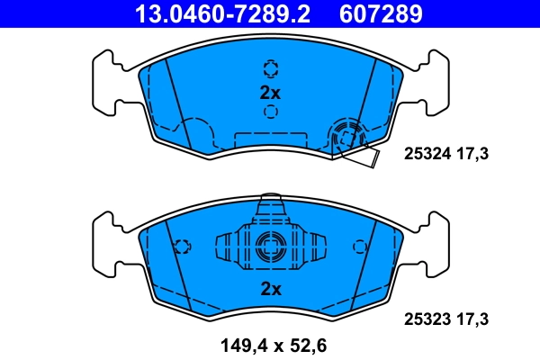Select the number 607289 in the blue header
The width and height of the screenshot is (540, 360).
[x=381, y=14]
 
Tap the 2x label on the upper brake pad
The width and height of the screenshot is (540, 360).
[x=270, y=92]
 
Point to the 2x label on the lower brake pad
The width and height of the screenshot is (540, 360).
[x=270, y=289]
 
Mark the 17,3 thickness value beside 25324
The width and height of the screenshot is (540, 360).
[x=473, y=155]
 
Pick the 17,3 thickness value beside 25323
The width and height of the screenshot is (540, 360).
[x=473, y=319]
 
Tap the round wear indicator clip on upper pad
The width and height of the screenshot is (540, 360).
[x=346, y=138]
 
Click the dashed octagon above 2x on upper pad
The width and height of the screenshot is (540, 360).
[x=270, y=68]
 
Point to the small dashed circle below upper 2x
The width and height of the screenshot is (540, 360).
[x=270, y=112]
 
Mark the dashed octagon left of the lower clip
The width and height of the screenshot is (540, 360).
[x=182, y=247]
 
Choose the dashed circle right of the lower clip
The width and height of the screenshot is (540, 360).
[x=359, y=247]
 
